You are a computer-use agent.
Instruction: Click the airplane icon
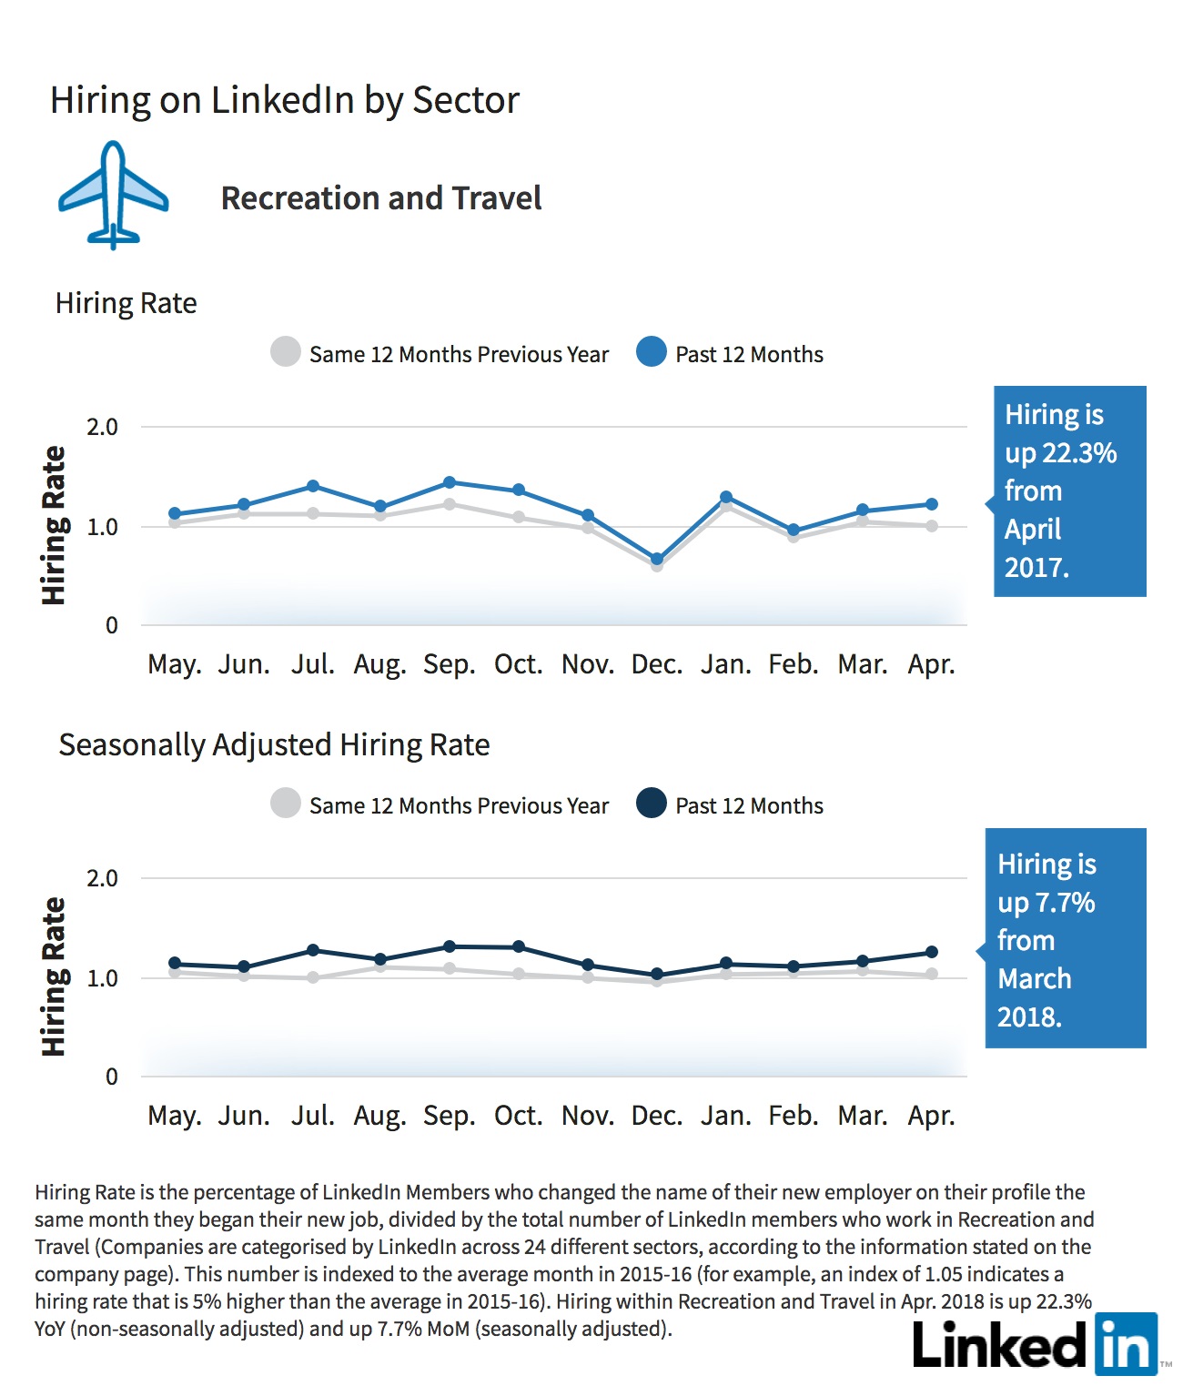click(x=113, y=195)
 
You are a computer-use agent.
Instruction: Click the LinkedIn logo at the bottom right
click(x=1035, y=1344)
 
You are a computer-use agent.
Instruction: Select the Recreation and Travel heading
click(x=380, y=197)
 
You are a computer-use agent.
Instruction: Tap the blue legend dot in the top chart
click(x=652, y=352)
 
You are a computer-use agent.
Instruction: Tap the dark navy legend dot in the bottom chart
click(x=652, y=803)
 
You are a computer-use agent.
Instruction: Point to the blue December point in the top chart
click(x=657, y=559)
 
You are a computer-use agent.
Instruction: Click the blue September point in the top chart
click(x=449, y=482)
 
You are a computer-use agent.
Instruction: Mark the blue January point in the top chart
click(x=726, y=497)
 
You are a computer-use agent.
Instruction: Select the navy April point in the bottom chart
click(x=932, y=952)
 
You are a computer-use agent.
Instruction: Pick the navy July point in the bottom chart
click(x=313, y=950)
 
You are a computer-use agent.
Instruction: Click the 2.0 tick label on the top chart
click(x=102, y=427)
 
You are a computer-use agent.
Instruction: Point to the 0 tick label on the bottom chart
click(x=111, y=1077)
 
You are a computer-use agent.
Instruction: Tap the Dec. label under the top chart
click(x=657, y=664)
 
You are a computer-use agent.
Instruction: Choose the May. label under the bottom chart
click(x=174, y=1117)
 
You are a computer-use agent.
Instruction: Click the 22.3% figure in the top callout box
click(x=1079, y=452)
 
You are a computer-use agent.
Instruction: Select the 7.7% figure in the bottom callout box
click(x=1066, y=902)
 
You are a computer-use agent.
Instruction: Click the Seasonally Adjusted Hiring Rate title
click(x=274, y=745)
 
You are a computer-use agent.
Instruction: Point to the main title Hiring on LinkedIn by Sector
click(x=284, y=100)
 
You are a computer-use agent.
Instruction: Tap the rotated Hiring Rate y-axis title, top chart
click(x=54, y=525)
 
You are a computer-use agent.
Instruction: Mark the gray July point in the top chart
click(x=313, y=513)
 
